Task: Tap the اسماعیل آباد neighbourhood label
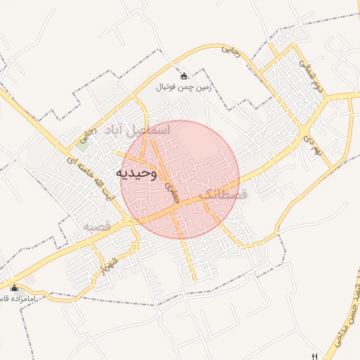click(137, 130)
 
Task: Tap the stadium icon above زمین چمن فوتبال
click(184, 76)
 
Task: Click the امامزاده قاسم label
click(21, 299)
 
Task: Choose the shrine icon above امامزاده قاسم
click(15, 288)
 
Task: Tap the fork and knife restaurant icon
click(314, 355)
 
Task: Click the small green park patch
click(83, 146)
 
